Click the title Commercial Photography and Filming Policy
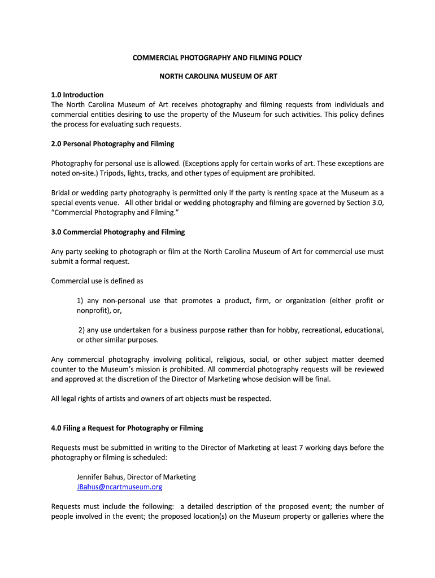tap(217, 58)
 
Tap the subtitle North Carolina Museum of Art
tap(217, 76)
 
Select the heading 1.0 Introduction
tap(77, 95)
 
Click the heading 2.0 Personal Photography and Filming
tap(112, 144)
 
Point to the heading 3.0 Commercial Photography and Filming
tap(118, 232)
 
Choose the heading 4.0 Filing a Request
tap(127, 428)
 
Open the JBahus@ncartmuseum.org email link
tap(119, 487)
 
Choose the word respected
tap(253, 399)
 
